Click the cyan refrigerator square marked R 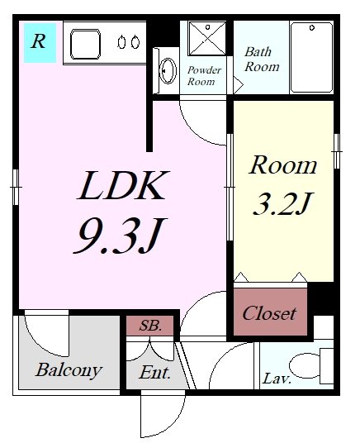[x=40, y=43]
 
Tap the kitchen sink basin [x=85, y=44]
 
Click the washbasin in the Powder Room [x=168, y=71]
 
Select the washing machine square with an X [x=207, y=38]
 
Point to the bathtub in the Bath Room [x=312, y=57]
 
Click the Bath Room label [x=262, y=60]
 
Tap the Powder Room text [x=204, y=76]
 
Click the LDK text [x=123, y=186]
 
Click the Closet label [x=269, y=313]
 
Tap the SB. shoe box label [x=150, y=326]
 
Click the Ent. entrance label [x=155, y=373]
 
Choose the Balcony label [x=69, y=370]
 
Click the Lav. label [x=277, y=379]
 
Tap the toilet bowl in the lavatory [x=305, y=366]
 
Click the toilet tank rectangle [x=327, y=366]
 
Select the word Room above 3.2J [x=283, y=165]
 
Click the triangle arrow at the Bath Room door [x=238, y=84]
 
